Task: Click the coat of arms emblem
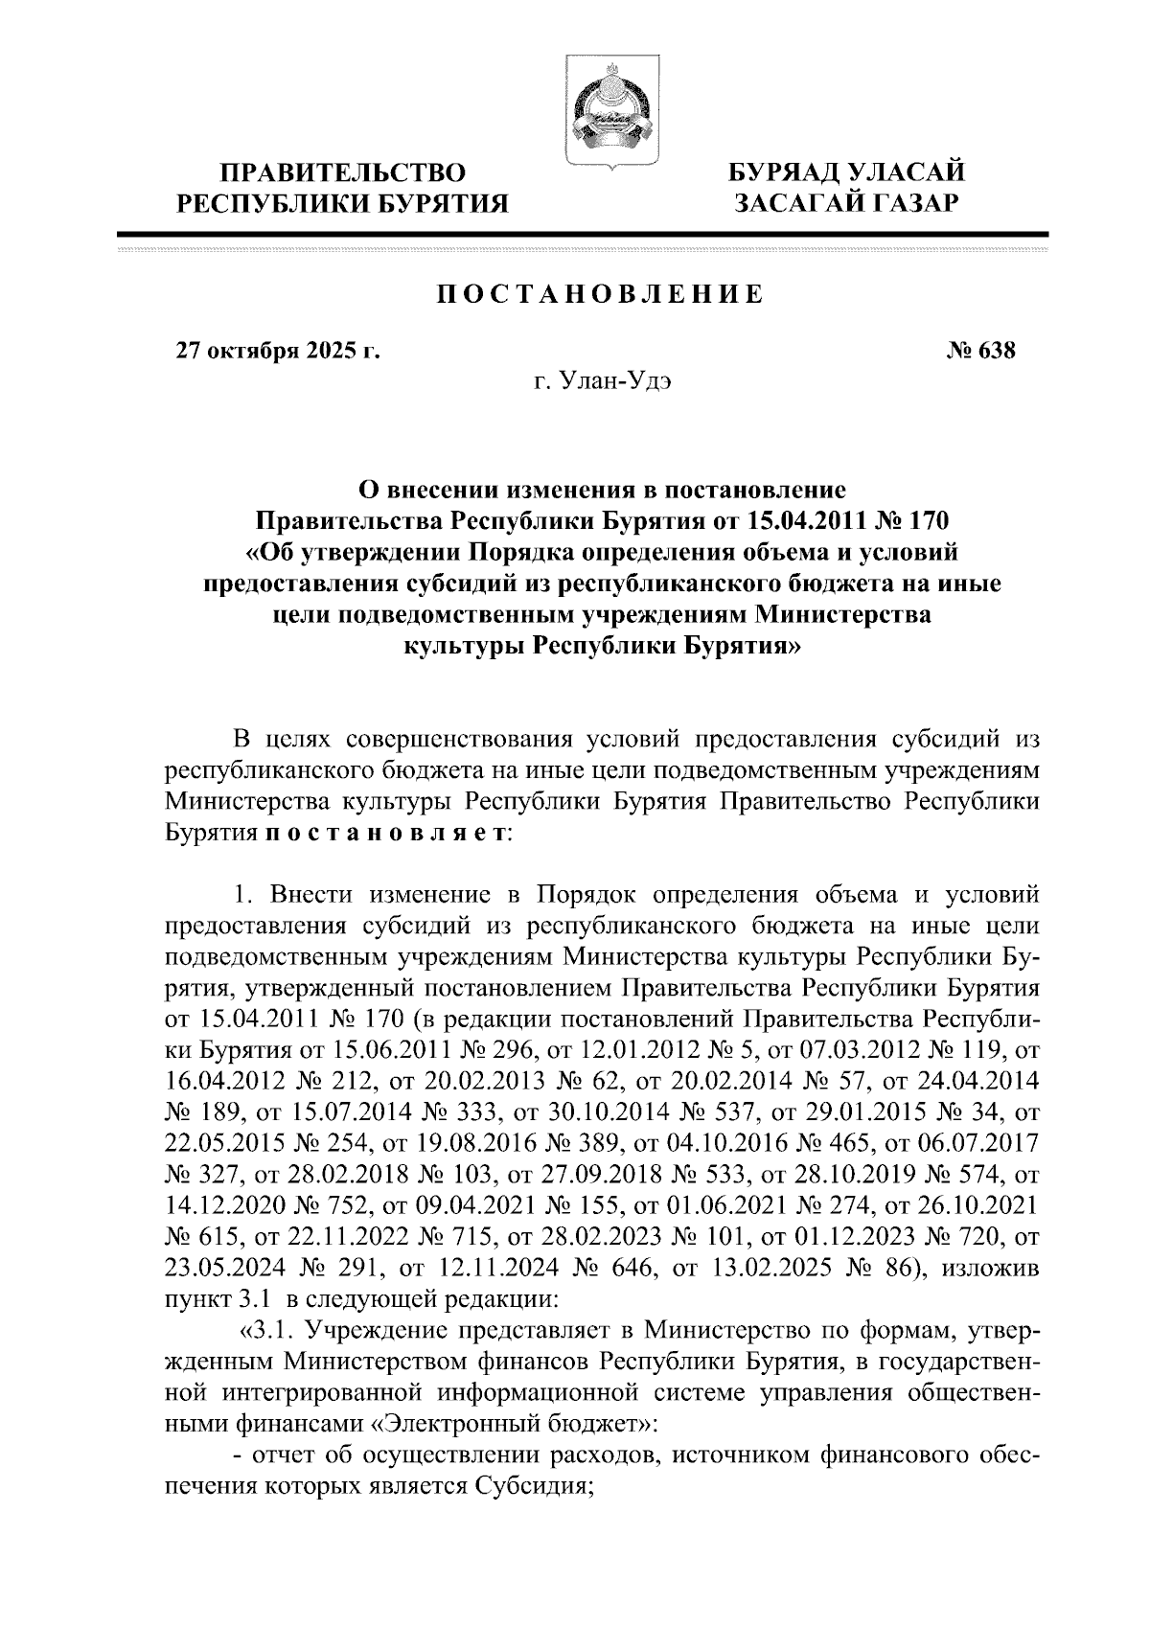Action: pyautogui.click(x=603, y=112)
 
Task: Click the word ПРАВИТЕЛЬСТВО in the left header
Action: pyautogui.click(x=344, y=173)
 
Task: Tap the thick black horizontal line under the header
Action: pyautogui.click(x=582, y=233)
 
